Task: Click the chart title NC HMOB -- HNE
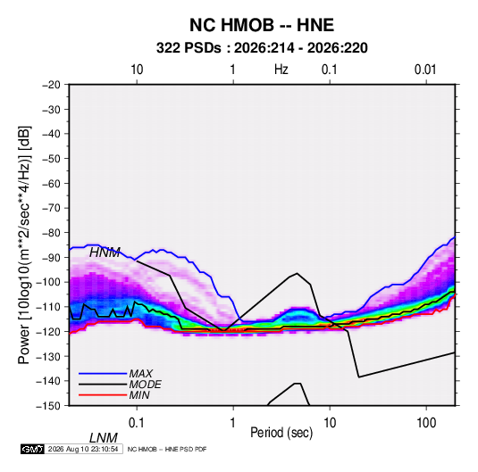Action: pyautogui.click(x=262, y=25)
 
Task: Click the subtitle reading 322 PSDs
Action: pyautogui.click(x=189, y=48)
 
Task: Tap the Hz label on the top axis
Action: pyautogui.click(x=281, y=70)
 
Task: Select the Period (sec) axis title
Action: pyautogui.click(x=281, y=433)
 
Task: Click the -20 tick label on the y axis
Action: pyautogui.click(x=51, y=85)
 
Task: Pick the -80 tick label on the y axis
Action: pyautogui.click(x=51, y=233)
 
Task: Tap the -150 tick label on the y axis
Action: pyautogui.click(x=48, y=406)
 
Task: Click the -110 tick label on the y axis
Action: pyautogui.click(x=48, y=307)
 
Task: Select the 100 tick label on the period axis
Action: pyautogui.click(x=426, y=423)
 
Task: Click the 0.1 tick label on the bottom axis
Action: pyautogui.click(x=137, y=423)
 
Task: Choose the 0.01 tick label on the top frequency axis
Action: pyautogui.click(x=425, y=70)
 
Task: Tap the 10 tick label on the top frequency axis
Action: pyautogui.click(x=137, y=70)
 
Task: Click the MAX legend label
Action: pyautogui.click(x=140, y=373)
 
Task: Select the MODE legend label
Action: pyautogui.click(x=145, y=385)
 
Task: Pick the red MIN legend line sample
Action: pyautogui.click(x=103, y=395)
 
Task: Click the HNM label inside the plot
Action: pyautogui.click(x=105, y=253)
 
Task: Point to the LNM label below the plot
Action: pyautogui.click(x=104, y=438)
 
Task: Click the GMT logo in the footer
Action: pyautogui.click(x=32, y=449)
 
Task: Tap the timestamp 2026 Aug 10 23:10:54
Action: pyautogui.click(x=83, y=449)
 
